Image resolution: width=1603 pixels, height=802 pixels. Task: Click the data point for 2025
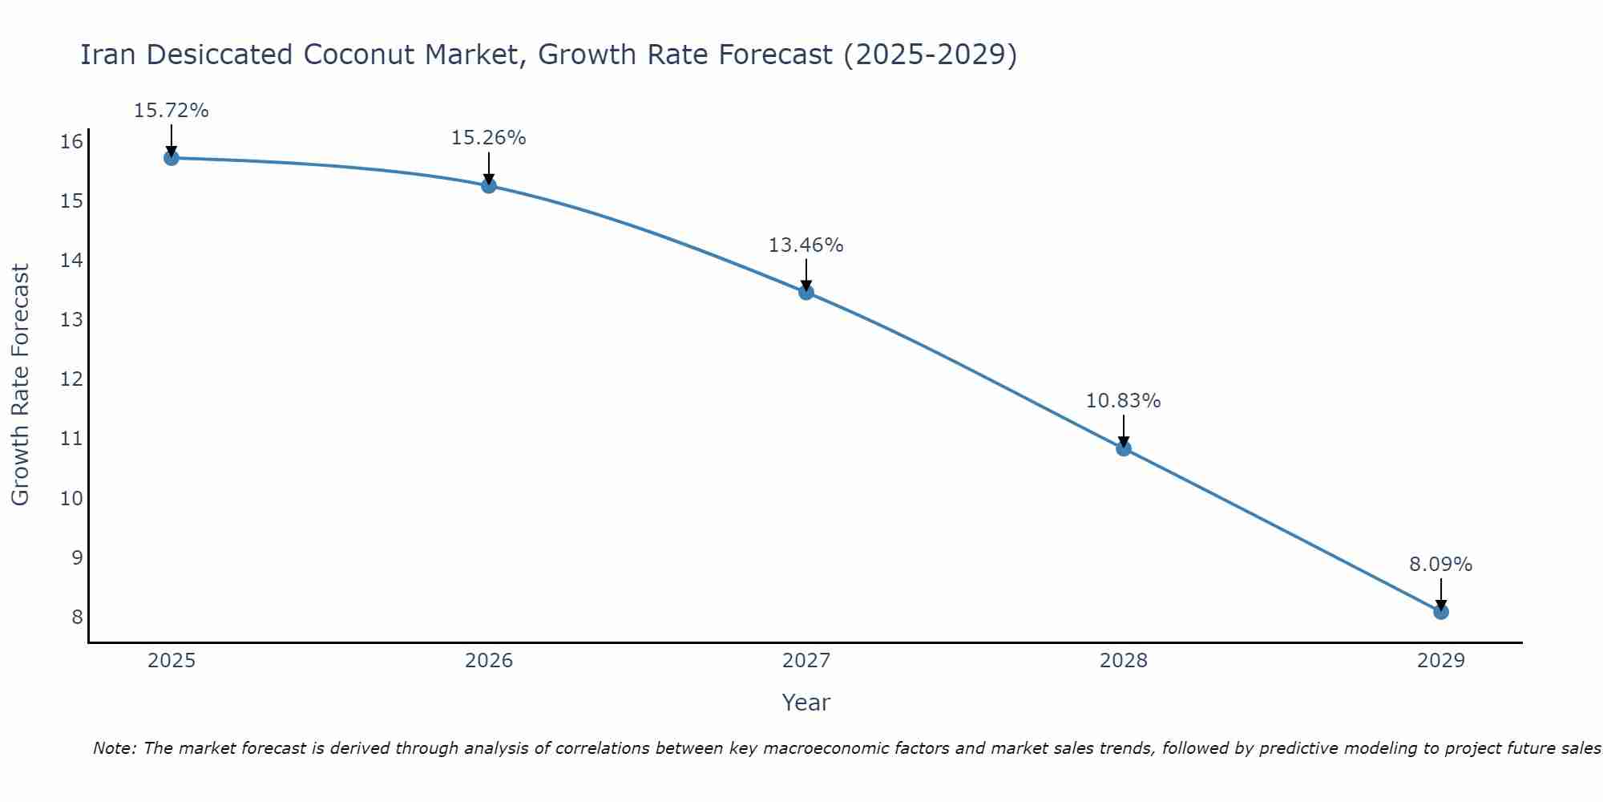click(x=171, y=158)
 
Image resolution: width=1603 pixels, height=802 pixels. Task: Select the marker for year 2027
click(x=806, y=292)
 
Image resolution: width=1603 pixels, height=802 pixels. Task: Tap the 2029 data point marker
click(x=1440, y=612)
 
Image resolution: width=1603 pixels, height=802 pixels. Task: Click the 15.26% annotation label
click(x=488, y=138)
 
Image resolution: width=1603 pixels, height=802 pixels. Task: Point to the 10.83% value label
click(x=1123, y=401)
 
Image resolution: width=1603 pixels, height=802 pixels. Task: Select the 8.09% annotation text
click(x=1440, y=565)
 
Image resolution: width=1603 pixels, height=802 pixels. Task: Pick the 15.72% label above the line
click(x=171, y=111)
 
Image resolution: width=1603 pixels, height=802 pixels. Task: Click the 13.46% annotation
click(x=806, y=245)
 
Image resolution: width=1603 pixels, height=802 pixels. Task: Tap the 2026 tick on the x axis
click(x=489, y=661)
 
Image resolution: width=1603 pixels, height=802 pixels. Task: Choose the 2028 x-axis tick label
click(x=1123, y=661)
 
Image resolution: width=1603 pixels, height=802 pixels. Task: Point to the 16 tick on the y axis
click(x=72, y=142)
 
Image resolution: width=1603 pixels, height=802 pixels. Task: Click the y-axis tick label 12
click(x=72, y=379)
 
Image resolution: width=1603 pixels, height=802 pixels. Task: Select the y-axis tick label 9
click(x=77, y=557)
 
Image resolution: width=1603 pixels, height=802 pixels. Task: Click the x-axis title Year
click(x=806, y=703)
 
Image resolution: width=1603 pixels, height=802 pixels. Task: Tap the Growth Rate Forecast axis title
click(x=20, y=385)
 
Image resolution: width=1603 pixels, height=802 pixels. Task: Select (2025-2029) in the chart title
click(x=930, y=55)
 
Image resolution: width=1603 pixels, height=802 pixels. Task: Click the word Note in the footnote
click(x=115, y=748)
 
